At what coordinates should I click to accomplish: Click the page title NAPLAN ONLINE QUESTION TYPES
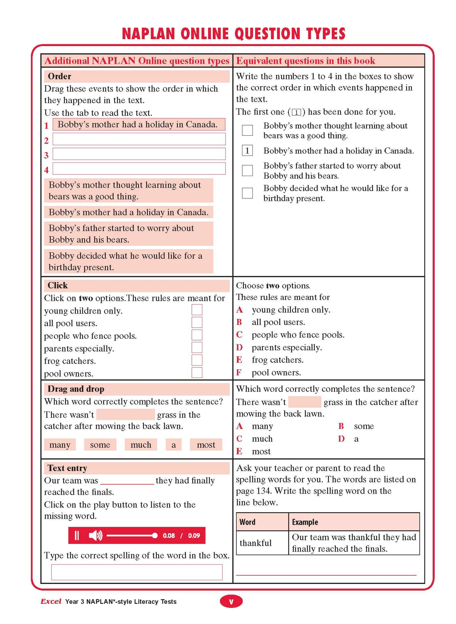pyautogui.click(x=234, y=34)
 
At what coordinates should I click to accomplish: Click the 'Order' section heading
pyautogui.click(x=59, y=76)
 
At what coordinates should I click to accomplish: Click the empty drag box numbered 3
pyautogui.click(x=139, y=154)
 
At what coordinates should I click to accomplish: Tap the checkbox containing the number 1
pyautogui.click(x=247, y=150)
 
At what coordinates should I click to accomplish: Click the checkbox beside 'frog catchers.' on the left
pyautogui.click(x=197, y=360)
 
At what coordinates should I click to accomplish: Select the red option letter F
pyautogui.click(x=239, y=373)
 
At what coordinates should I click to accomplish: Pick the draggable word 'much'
pyautogui.click(x=141, y=444)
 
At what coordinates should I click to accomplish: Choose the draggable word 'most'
pyautogui.click(x=206, y=444)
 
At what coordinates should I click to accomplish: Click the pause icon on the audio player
pyautogui.click(x=76, y=535)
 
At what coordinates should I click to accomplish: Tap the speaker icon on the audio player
pyautogui.click(x=95, y=535)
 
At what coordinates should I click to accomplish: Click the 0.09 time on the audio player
pyautogui.click(x=194, y=535)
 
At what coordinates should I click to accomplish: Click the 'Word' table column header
pyautogui.click(x=247, y=522)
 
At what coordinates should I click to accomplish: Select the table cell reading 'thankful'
pyautogui.click(x=256, y=543)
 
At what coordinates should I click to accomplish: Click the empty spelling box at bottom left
pyautogui.click(x=137, y=572)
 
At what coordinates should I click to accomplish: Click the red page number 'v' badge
pyautogui.click(x=231, y=602)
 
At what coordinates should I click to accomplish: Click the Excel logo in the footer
pyautogui.click(x=51, y=601)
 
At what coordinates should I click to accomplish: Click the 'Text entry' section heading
pyautogui.click(x=67, y=468)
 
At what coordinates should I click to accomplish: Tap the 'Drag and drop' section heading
pyautogui.click(x=76, y=389)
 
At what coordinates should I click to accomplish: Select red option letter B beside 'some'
pyautogui.click(x=341, y=426)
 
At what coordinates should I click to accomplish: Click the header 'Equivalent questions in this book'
pyautogui.click(x=305, y=61)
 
